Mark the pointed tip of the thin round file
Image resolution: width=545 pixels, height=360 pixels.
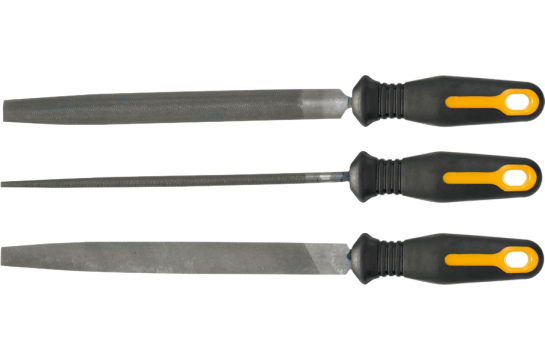tap(4, 183)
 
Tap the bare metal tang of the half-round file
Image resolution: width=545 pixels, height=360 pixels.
tap(333, 100)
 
